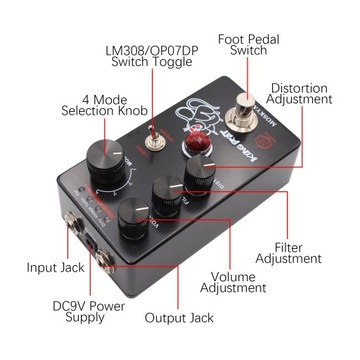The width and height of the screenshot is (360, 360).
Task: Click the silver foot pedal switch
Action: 244,104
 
